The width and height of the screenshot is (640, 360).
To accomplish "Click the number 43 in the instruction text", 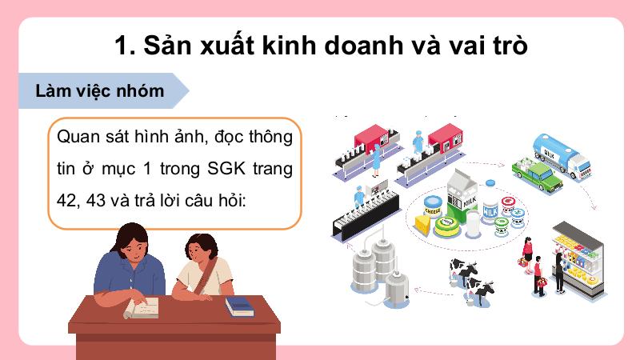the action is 96,201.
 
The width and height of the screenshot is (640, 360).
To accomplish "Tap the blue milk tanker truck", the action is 562,156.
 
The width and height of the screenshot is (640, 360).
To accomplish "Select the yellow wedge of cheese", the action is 423,225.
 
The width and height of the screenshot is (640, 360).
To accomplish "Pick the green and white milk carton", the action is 462,196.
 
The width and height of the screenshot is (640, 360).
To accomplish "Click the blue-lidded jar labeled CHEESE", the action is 433,207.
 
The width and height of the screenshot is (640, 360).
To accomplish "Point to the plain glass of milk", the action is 473,224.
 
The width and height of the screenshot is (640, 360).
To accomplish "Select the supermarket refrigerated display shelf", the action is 578,258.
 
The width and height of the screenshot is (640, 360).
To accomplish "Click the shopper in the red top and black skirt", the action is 528,254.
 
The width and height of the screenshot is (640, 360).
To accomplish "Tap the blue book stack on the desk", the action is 239,306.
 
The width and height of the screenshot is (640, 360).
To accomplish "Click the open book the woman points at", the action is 142,308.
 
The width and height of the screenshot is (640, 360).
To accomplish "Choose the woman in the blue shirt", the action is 130,266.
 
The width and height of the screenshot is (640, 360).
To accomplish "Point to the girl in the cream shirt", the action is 203,266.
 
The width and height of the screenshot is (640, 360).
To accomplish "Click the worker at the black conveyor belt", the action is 359,197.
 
